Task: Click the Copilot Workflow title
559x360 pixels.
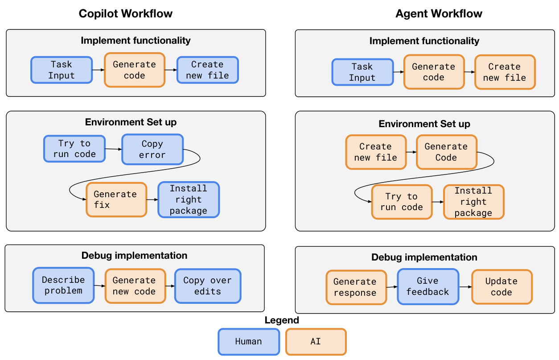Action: (x=126, y=13)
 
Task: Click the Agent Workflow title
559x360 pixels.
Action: (x=439, y=13)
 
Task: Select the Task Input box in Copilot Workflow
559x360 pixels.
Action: (x=62, y=70)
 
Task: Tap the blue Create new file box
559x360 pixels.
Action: (x=208, y=70)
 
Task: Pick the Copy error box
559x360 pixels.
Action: (x=152, y=149)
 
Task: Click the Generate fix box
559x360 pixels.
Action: (x=116, y=199)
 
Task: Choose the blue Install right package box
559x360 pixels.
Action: (x=189, y=199)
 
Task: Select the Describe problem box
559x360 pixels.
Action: (x=63, y=286)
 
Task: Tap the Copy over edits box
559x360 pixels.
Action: (x=208, y=286)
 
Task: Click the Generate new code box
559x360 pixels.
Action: (x=135, y=286)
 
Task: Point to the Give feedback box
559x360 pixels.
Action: (x=428, y=286)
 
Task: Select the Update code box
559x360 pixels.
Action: (x=502, y=287)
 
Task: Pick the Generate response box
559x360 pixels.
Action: (x=356, y=287)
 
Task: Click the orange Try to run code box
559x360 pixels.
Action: (x=402, y=202)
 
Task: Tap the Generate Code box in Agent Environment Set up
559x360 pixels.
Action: (x=447, y=152)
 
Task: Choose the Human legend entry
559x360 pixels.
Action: (x=249, y=342)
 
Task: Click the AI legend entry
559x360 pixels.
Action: (x=316, y=342)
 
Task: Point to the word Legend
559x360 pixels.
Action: (x=282, y=320)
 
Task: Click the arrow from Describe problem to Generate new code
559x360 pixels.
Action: (x=99, y=286)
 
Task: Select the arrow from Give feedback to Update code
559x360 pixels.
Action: (x=465, y=287)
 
